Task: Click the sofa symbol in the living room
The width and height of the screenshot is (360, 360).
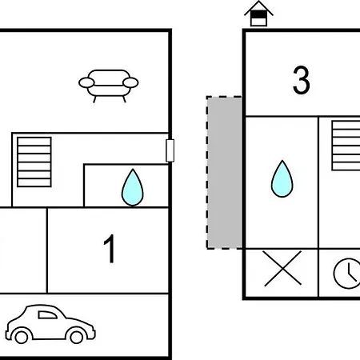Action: click(x=109, y=86)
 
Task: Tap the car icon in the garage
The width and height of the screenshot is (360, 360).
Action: click(x=50, y=324)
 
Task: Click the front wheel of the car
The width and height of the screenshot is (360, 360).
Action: click(x=76, y=337)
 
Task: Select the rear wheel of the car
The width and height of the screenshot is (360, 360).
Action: click(x=22, y=337)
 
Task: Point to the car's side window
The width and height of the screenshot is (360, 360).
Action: click(x=47, y=315)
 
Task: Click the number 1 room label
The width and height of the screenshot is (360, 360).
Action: click(x=110, y=249)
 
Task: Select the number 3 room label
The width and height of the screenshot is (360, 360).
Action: click(x=302, y=80)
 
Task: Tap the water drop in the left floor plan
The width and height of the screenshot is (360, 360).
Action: click(x=133, y=187)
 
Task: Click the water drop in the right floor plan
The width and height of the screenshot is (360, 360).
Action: click(x=282, y=178)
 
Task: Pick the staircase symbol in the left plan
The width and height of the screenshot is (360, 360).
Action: click(x=34, y=162)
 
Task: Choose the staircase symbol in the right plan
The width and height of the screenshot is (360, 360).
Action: click(x=346, y=146)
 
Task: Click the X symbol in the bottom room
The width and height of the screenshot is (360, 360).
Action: click(x=282, y=268)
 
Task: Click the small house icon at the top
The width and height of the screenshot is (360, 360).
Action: click(x=258, y=14)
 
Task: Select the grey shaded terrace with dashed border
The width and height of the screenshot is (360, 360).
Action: click(x=224, y=173)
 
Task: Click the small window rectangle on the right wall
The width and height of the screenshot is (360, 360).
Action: click(x=170, y=150)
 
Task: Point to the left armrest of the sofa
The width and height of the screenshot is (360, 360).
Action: click(x=86, y=82)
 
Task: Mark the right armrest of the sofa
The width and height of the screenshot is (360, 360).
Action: click(x=130, y=82)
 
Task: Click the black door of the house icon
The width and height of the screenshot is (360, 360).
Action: click(x=258, y=14)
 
